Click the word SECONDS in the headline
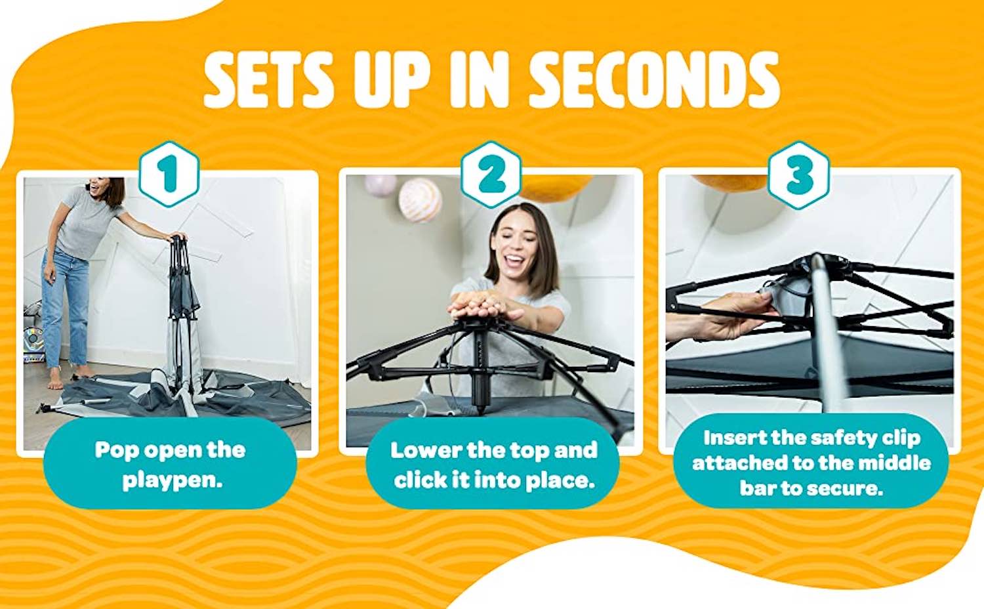tap(654, 79)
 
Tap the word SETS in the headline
tap(267, 79)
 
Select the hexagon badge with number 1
tap(169, 174)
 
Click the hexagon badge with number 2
tap(491, 174)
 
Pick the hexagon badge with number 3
tap(798, 175)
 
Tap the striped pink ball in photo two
tap(420, 200)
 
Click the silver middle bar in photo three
tap(828, 334)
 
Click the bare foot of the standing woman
tap(54, 379)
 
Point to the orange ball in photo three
tap(730, 182)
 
